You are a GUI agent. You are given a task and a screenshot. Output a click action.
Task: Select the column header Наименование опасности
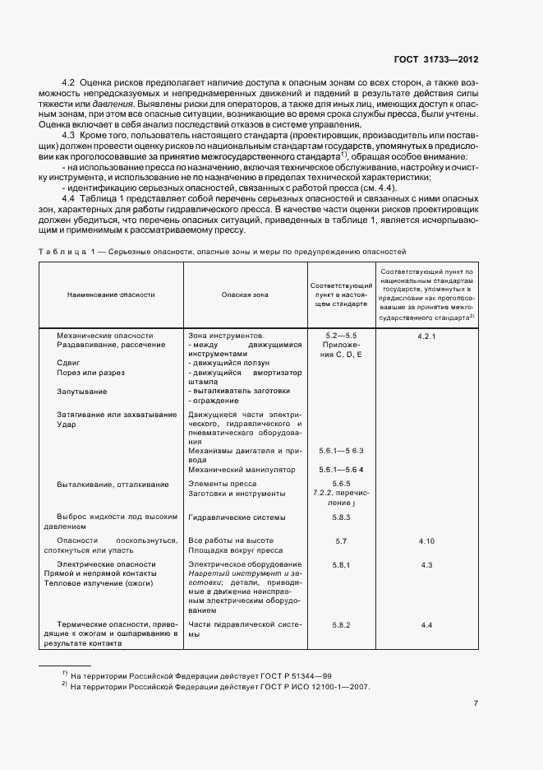click(x=105, y=294)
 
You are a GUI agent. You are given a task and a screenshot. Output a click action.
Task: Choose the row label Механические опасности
click(x=104, y=336)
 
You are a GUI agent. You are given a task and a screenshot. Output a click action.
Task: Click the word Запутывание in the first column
click(x=81, y=392)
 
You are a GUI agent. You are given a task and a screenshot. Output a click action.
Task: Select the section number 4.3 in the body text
click(x=69, y=135)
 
